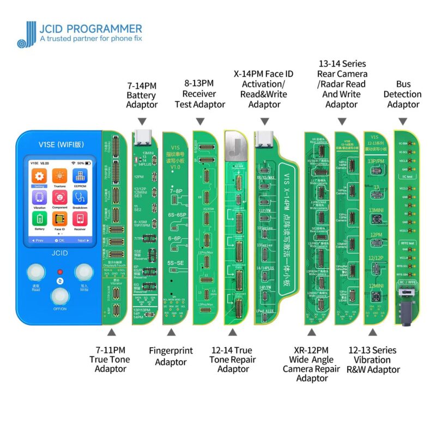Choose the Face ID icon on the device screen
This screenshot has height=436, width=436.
click(x=59, y=219)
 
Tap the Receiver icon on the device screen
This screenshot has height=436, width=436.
click(x=79, y=219)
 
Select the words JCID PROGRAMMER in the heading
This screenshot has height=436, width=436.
click(x=90, y=28)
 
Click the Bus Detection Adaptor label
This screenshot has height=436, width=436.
click(x=404, y=94)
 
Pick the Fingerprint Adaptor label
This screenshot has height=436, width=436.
click(x=171, y=356)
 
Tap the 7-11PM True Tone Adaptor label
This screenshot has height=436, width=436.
click(x=111, y=359)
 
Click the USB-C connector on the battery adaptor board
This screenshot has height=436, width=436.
click(x=142, y=136)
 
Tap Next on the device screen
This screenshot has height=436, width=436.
click(x=83, y=240)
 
